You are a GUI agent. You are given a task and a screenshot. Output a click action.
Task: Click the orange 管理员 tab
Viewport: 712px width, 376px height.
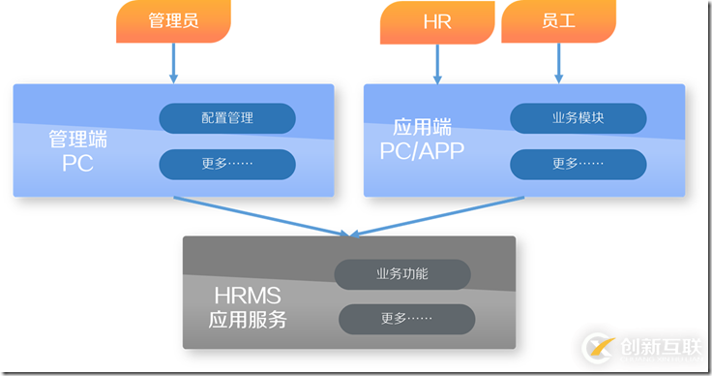(x=174, y=22)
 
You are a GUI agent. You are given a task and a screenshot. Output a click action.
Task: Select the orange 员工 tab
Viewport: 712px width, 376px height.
(x=558, y=22)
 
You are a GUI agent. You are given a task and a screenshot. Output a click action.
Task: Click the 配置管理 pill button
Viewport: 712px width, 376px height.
(x=227, y=118)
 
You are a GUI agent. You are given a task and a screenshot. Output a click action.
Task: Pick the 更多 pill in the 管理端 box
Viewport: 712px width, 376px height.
(x=227, y=164)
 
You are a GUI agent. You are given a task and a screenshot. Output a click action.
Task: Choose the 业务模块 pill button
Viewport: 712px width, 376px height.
(x=578, y=118)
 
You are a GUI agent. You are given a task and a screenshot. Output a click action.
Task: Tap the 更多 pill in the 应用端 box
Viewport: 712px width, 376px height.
(x=578, y=164)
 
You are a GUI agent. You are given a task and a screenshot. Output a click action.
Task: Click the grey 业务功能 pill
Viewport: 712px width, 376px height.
(x=402, y=274)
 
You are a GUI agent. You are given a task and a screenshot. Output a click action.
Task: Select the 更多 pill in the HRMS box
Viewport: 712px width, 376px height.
(x=406, y=319)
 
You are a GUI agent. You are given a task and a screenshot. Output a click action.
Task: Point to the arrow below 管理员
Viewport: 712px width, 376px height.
(x=174, y=64)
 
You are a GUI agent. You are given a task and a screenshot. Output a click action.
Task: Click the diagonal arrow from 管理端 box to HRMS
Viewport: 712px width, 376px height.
(x=261, y=216)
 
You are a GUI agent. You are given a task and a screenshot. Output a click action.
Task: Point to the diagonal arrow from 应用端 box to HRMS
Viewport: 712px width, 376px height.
(x=435, y=215)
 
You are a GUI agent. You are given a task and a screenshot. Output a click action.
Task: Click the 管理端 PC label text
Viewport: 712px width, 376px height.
(x=77, y=151)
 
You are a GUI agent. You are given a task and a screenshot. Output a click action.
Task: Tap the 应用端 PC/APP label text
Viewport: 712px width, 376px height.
(x=423, y=139)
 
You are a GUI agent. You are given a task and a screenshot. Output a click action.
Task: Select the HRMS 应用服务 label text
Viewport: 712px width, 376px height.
(x=248, y=306)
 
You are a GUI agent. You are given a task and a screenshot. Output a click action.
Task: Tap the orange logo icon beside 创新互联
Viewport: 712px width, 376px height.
(x=599, y=347)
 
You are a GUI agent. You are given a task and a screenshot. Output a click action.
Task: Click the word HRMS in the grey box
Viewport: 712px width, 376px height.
(x=248, y=295)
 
